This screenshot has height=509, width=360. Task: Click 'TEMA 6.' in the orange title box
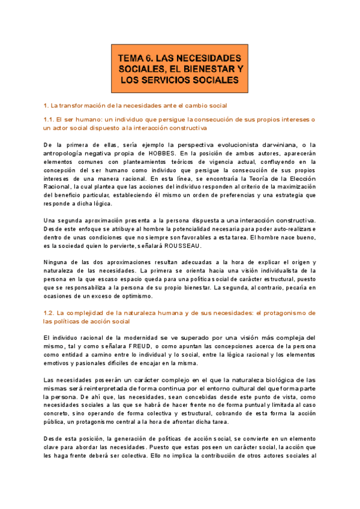(136, 59)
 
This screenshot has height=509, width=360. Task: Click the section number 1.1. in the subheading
(52, 119)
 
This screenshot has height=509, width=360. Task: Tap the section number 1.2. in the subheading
(53, 313)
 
